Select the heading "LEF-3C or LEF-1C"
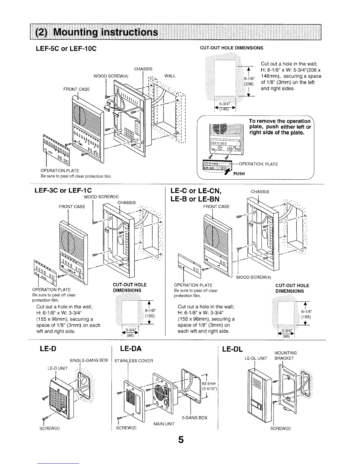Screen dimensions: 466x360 tap(65, 190)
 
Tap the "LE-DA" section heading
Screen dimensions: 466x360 tap(131, 349)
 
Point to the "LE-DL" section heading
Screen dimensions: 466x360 tap(232, 349)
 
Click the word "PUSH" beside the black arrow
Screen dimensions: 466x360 tap(239, 174)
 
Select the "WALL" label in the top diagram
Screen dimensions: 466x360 tap(170, 76)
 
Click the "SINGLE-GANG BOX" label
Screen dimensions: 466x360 tap(89, 360)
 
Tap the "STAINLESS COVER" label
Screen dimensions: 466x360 tap(134, 361)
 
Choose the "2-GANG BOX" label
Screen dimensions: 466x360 tap(194, 417)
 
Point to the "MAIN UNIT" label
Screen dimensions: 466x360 tap(164, 424)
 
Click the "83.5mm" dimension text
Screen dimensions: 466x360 tap(209, 383)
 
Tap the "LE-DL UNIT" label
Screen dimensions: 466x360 tap(256, 358)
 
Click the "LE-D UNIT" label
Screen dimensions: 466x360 tap(58, 368)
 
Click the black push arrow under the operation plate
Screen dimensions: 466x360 tap(227, 171)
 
